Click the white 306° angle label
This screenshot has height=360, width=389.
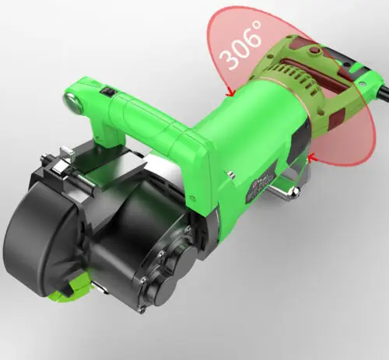(x=240, y=46)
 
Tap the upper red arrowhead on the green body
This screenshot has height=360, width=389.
(x=230, y=93)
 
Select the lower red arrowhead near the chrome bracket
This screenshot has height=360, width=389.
(x=313, y=156)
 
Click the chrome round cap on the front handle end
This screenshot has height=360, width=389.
(x=72, y=103)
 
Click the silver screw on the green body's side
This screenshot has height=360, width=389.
(x=231, y=174)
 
